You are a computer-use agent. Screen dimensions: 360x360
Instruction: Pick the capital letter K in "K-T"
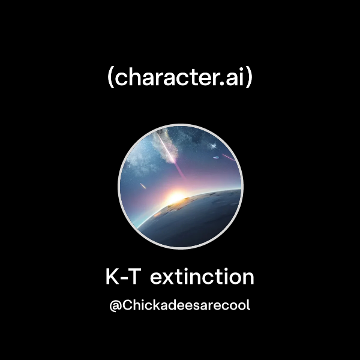[112, 277]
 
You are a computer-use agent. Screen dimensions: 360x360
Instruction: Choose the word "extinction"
[202, 277]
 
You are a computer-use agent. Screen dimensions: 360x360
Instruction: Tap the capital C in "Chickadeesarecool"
[128, 305]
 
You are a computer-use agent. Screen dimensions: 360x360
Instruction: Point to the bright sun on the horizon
[175, 197]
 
